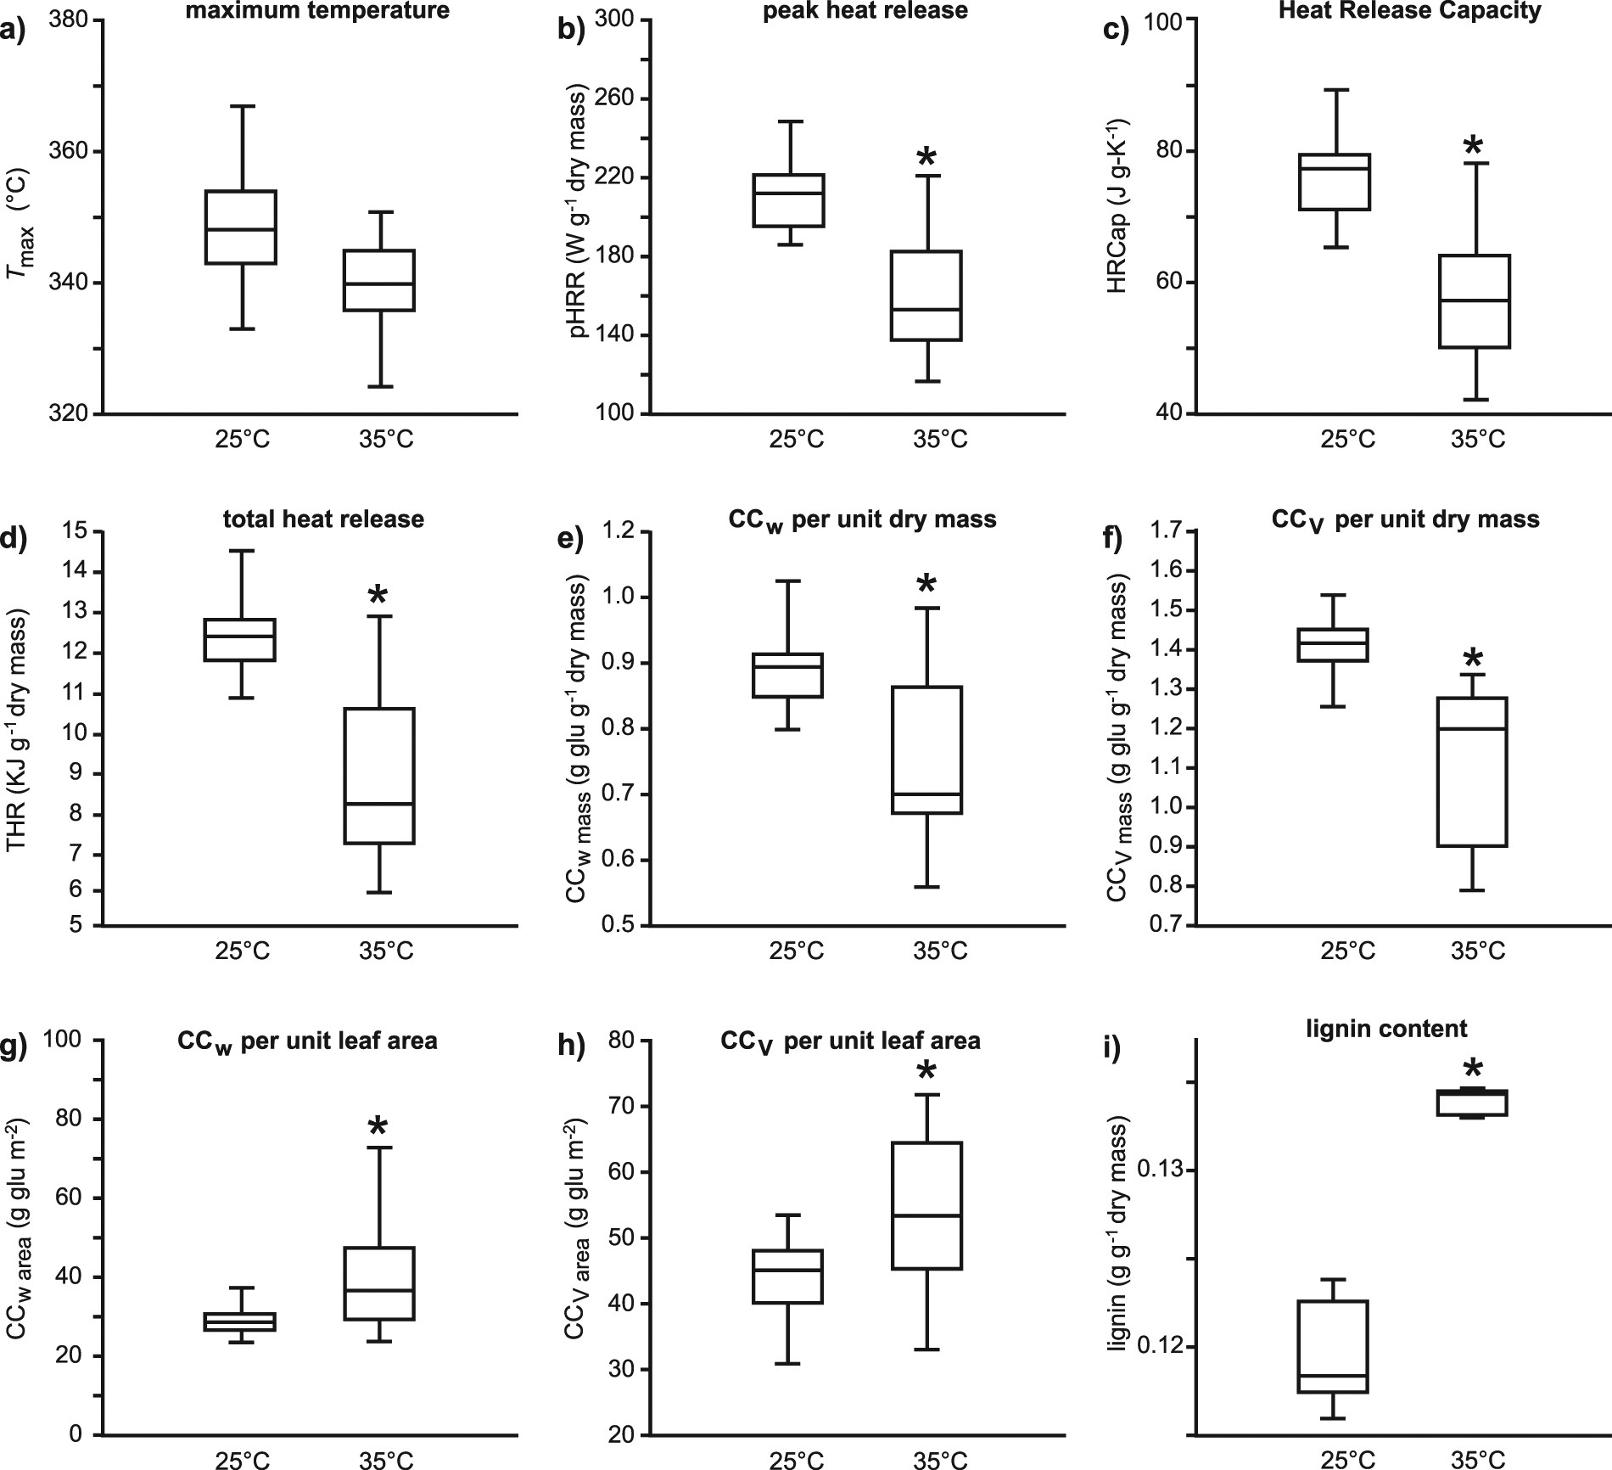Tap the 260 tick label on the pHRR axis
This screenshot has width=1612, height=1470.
617,98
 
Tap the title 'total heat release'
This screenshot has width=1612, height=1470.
324,519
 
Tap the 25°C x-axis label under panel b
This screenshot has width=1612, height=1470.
796,440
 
